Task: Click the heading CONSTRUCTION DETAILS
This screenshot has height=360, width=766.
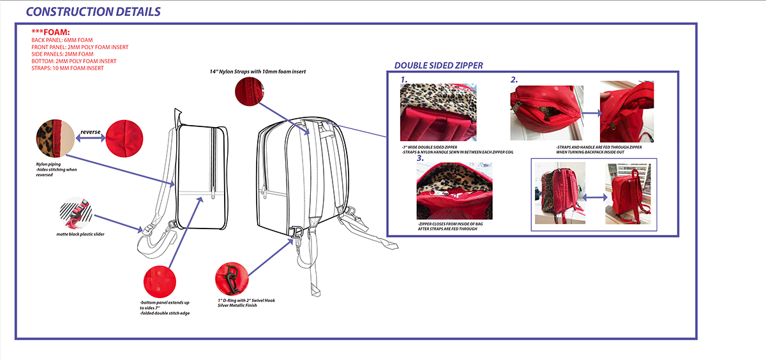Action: click(93, 12)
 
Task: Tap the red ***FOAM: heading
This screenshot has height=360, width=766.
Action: click(50, 32)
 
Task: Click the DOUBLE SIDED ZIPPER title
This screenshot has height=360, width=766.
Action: click(439, 65)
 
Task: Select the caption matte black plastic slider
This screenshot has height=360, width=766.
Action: click(80, 234)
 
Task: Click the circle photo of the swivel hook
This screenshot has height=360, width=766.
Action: click(232, 278)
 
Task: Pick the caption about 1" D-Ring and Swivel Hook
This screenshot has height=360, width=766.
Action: click(246, 302)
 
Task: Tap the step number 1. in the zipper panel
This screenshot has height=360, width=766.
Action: click(404, 80)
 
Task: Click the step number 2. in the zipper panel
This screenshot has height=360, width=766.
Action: click(514, 80)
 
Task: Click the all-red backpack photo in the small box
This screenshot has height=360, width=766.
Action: click(627, 192)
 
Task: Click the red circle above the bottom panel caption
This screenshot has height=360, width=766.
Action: click(161, 280)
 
